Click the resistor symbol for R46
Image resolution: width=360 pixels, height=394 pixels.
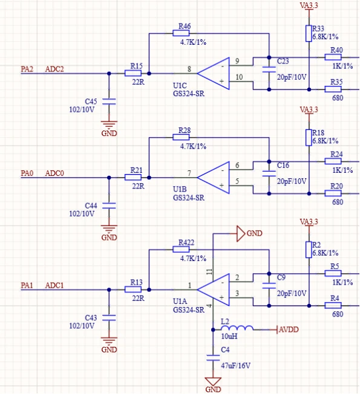[181, 33]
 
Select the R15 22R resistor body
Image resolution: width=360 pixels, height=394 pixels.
[133, 73]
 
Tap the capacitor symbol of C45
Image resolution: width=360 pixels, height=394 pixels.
[109, 102]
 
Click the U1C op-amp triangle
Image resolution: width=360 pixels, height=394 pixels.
[214, 73]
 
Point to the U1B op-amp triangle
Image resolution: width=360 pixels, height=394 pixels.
[214, 178]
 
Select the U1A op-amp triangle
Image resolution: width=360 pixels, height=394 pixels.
[214, 289]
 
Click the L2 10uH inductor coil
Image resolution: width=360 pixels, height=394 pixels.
[237, 328]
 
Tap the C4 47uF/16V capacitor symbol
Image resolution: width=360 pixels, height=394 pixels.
[213, 358]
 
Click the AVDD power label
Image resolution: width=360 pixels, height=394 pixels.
[289, 329]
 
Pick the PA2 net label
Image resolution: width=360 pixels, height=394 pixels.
[27, 69]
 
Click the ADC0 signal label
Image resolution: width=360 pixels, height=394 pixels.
[54, 173]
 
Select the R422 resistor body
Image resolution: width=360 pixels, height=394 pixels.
[181, 249]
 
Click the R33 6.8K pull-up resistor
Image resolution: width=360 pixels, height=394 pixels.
[309, 33]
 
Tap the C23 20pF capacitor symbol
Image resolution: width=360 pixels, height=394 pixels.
[269, 69]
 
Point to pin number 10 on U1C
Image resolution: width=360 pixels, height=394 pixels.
[239, 77]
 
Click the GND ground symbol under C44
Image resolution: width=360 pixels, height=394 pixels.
[109, 228]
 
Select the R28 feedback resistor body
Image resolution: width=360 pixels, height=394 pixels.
[181, 137]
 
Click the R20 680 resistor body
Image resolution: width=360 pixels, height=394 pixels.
[333, 193]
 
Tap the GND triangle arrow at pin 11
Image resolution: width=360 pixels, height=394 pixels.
[241, 233]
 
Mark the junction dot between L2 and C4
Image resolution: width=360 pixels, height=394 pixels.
[213, 329]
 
